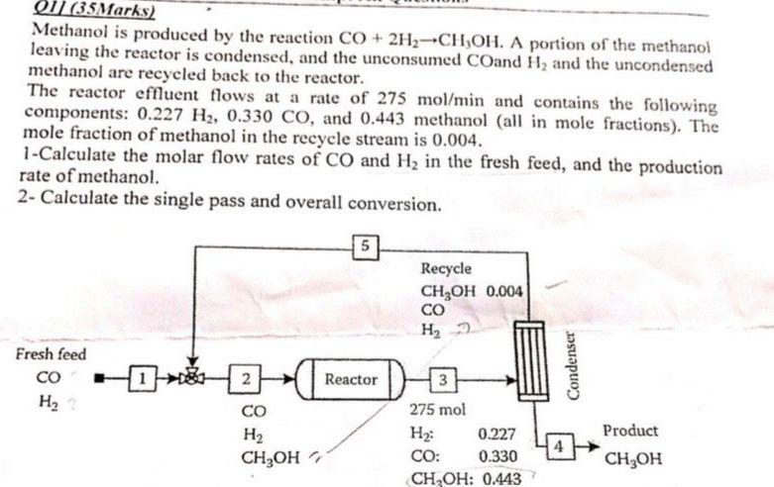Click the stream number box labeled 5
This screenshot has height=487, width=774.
point(366,243)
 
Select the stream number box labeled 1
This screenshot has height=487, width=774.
point(145,377)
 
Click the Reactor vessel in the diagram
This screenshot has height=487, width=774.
point(351,379)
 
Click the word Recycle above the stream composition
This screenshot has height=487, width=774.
point(446,268)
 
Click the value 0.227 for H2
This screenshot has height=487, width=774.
point(496,434)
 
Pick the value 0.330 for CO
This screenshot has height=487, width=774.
point(496,456)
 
